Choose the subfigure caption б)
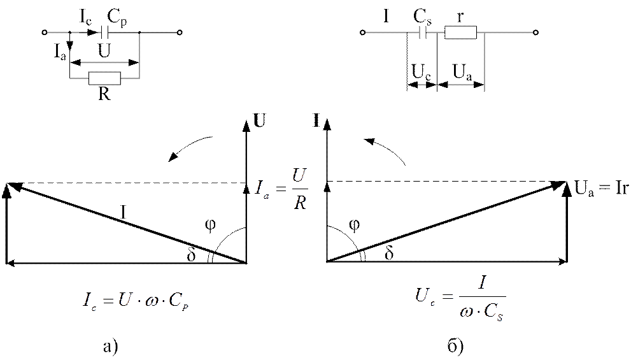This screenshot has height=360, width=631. [x=456, y=346]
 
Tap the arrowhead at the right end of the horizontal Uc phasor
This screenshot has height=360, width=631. [x=564, y=261]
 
